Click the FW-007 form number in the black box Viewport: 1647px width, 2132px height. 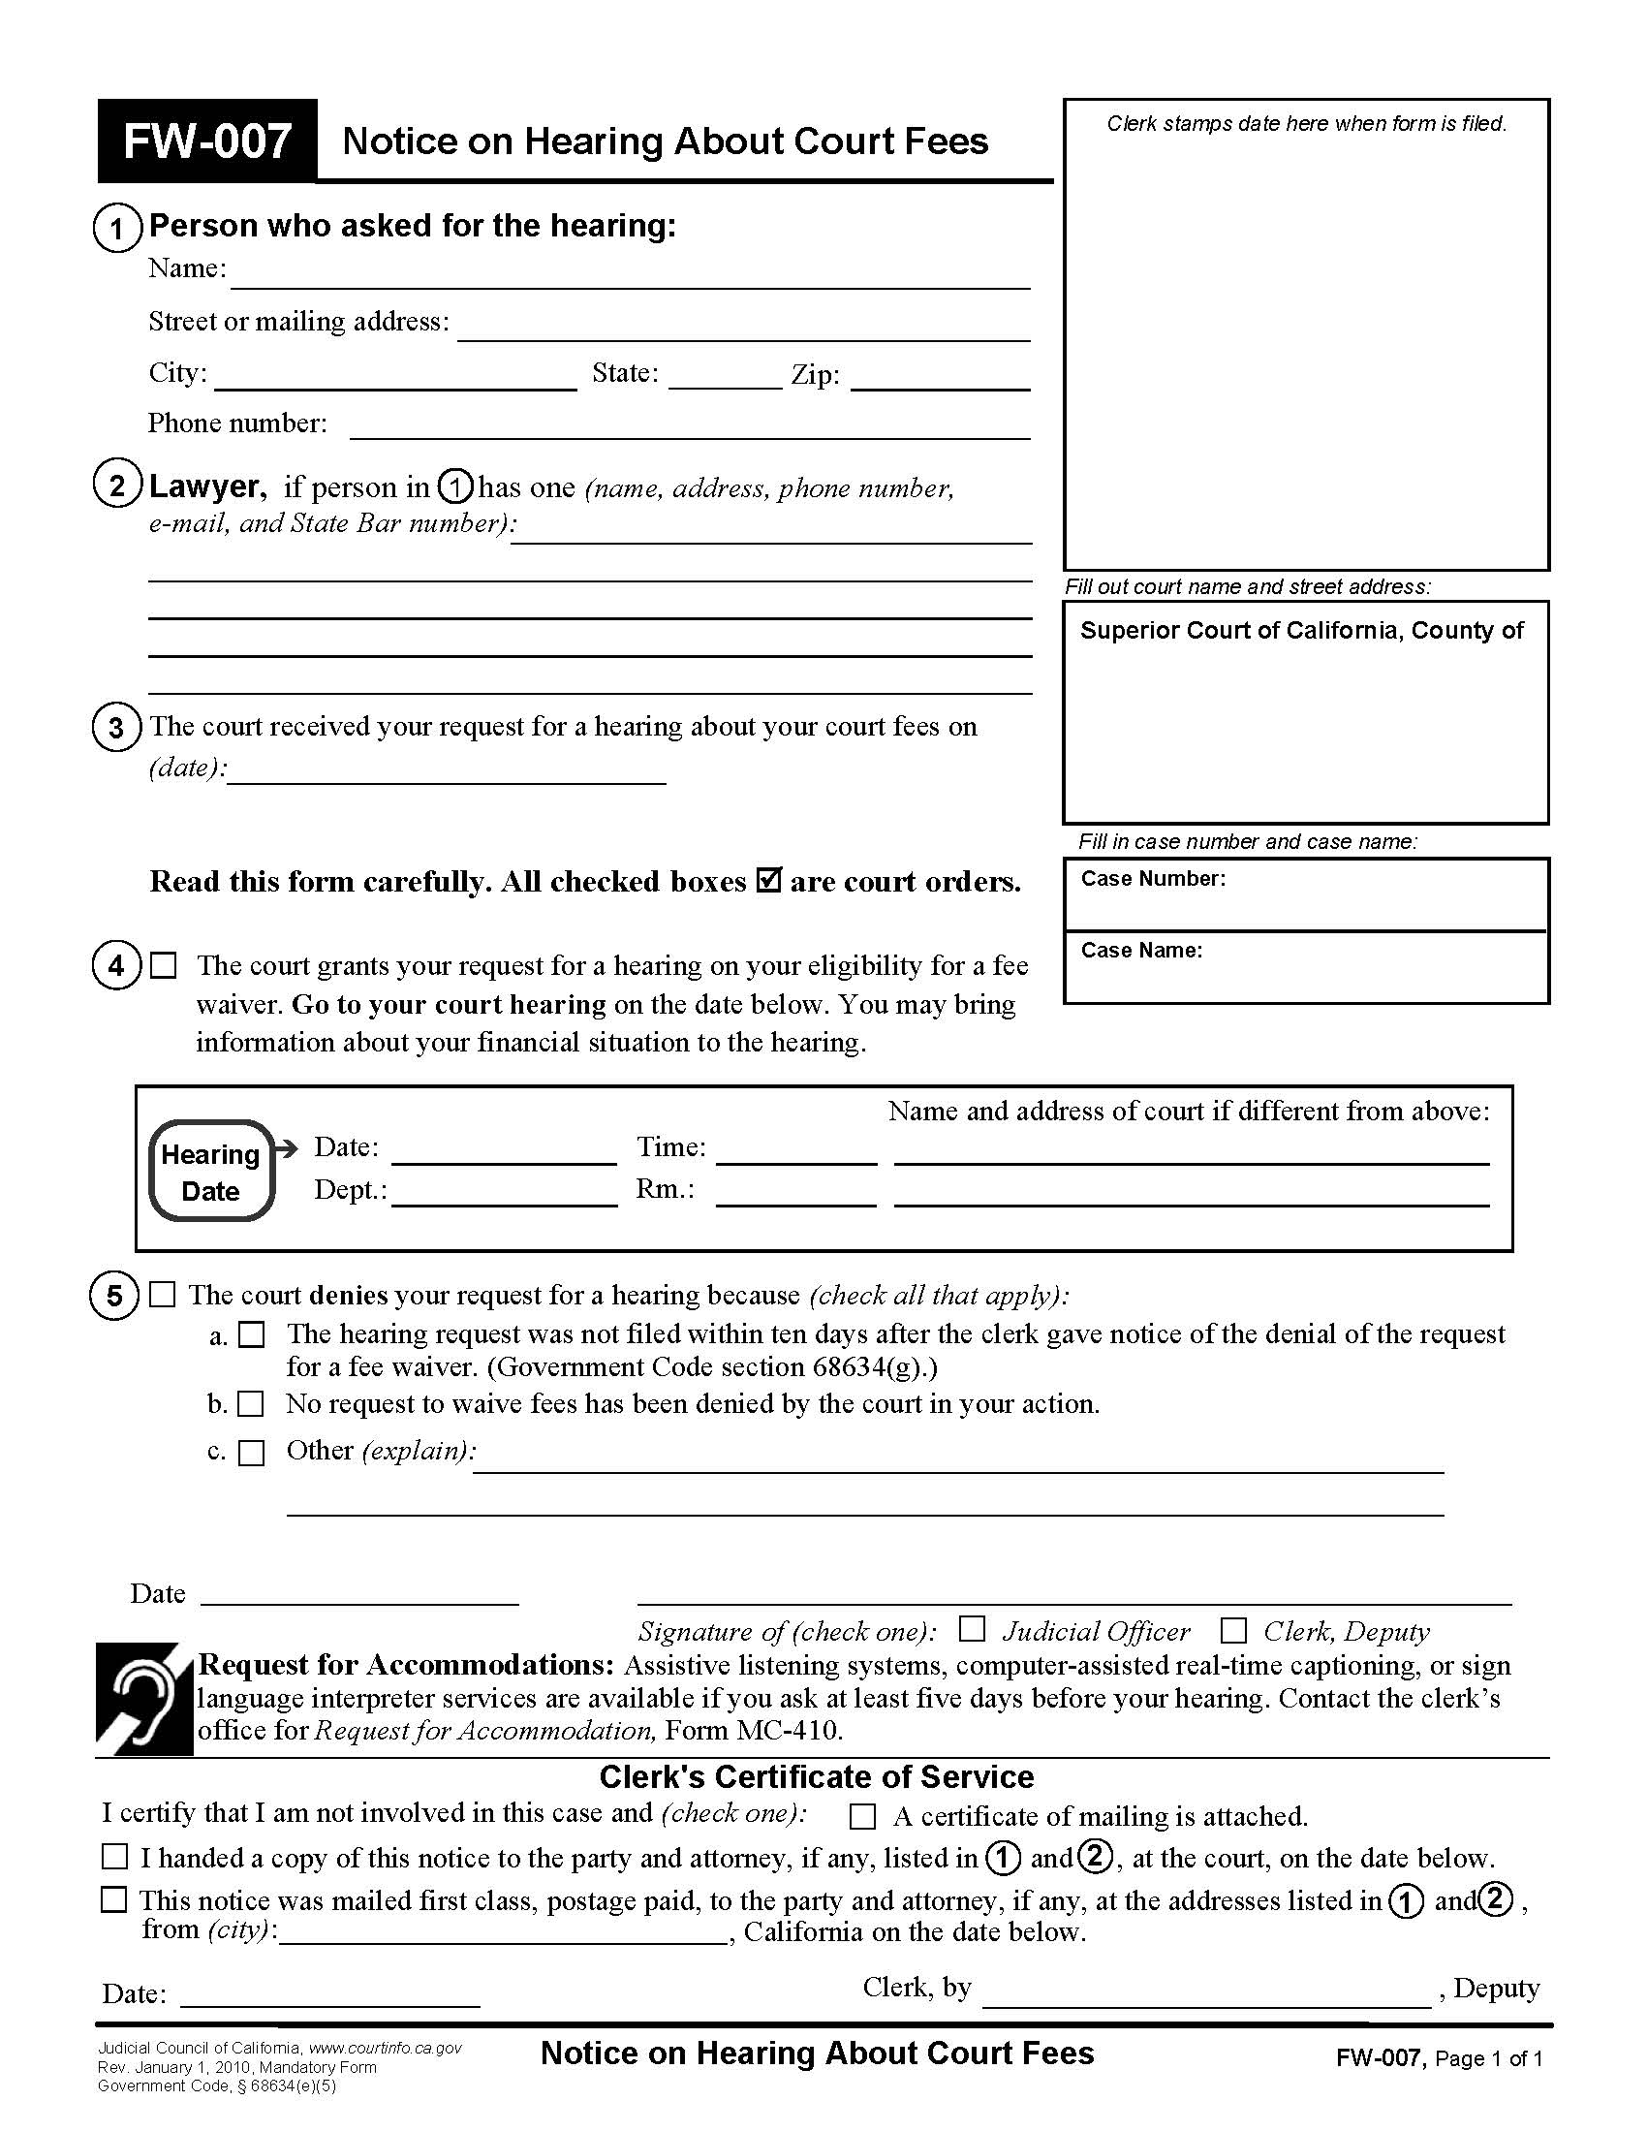(207, 141)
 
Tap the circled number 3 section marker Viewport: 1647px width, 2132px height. (116, 728)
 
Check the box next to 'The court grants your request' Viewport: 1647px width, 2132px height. (164, 965)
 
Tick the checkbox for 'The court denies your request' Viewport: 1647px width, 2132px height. (163, 1295)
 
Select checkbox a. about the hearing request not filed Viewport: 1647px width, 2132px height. (252, 1334)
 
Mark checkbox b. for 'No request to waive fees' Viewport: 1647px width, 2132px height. (252, 1405)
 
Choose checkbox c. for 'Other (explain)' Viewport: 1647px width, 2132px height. (252, 1453)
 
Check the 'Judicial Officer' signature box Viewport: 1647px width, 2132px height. (971, 1629)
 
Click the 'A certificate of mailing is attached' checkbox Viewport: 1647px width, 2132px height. (862, 1817)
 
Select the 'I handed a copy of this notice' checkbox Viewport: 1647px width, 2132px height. (115, 1856)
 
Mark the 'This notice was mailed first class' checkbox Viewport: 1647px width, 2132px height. (115, 1899)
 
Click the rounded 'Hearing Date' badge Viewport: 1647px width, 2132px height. (211, 1172)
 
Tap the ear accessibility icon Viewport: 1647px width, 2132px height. (144, 1700)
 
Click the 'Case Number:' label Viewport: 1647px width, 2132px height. (1152, 879)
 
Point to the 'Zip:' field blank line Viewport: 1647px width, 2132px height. (940, 379)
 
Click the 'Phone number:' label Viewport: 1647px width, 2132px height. (237, 423)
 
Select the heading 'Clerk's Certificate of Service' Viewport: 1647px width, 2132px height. (817, 1776)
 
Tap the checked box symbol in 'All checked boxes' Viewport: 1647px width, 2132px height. (769, 881)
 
